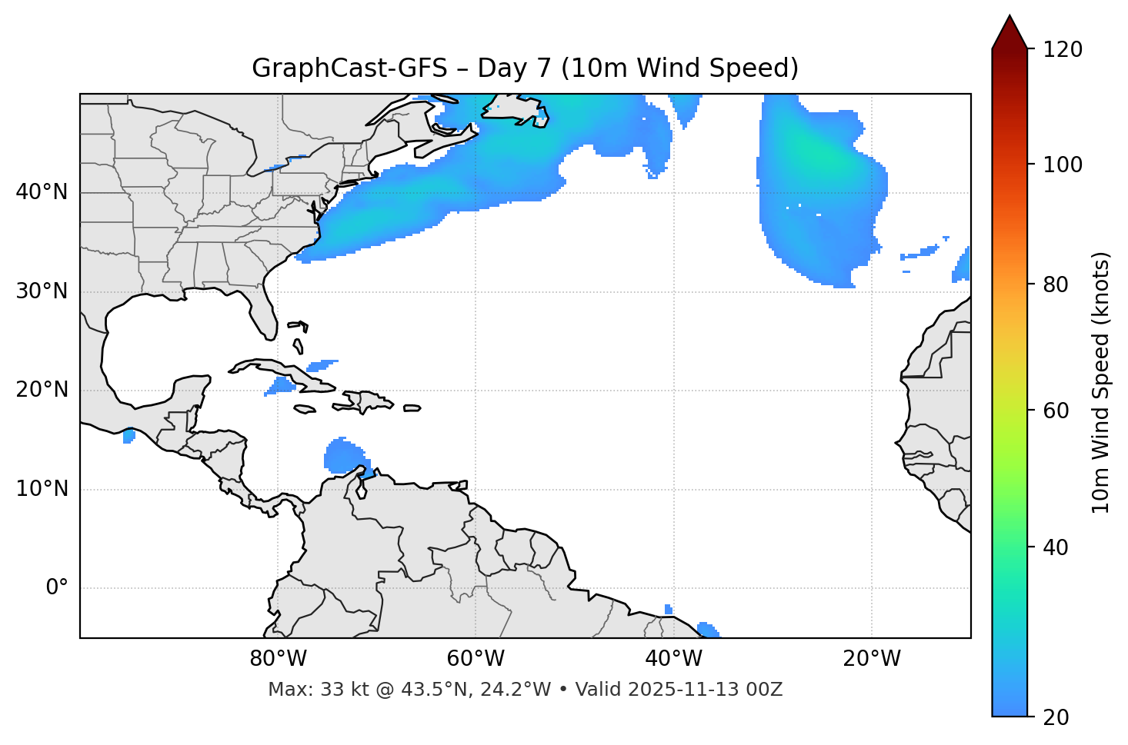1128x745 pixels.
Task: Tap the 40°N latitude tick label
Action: pyautogui.click(x=42, y=192)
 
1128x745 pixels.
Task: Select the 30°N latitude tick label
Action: pyautogui.click(x=42, y=291)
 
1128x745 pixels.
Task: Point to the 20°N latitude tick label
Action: pyautogui.click(x=42, y=390)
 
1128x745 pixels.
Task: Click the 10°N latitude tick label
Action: pyautogui.click(x=42, y=489)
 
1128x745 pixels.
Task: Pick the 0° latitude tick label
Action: pyautogui.click(x=56, y=588)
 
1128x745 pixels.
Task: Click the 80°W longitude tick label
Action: pyautogui.click(x=278, y=659)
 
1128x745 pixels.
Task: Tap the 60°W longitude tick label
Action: pyautogui.click(x=476, y=659)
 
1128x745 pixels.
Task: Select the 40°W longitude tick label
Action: pyautogui.click(x=673, y=659)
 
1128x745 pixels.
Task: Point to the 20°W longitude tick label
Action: pyautogui.click(x=872, y=659)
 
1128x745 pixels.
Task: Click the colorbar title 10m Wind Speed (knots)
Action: pyautogui.click(x=1101, y=382)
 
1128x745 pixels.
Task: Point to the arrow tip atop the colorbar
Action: pyautogui.click(x=1010, y=16)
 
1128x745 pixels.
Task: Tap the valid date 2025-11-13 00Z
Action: pyautogui.click(x=706, y=690)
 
